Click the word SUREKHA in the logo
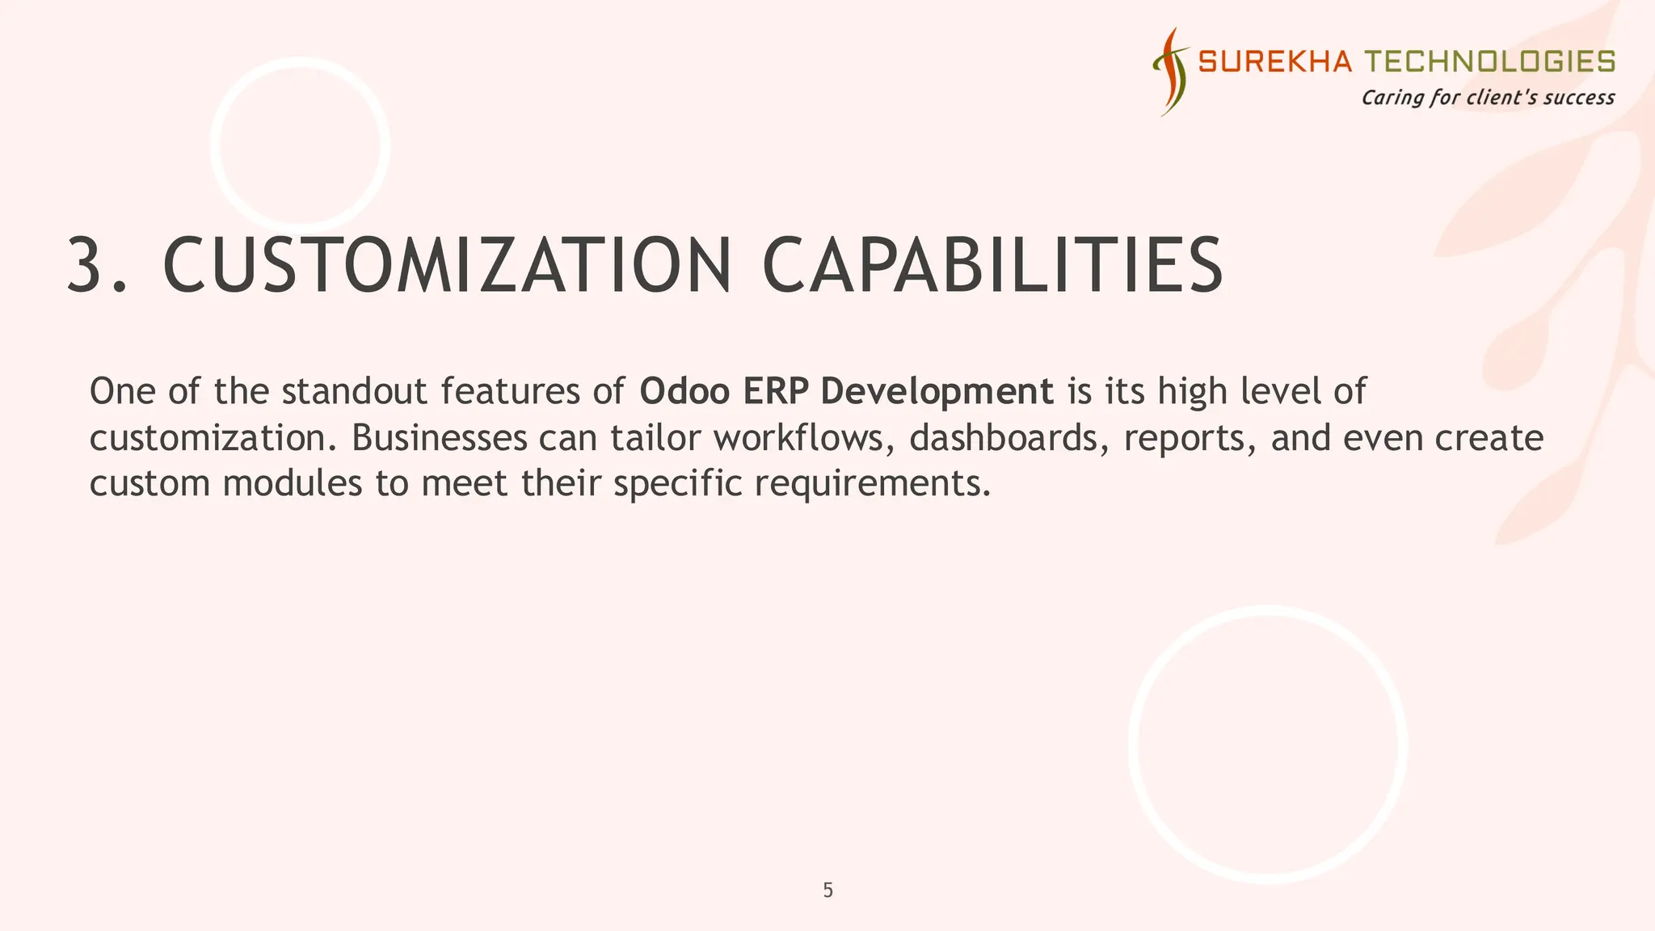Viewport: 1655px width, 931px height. [x=1274, y=61]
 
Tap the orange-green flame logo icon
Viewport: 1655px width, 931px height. [x=1171, y=71]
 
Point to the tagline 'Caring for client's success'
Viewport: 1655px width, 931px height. [x=1488, y=98]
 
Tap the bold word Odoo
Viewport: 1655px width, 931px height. [x=684, y=391]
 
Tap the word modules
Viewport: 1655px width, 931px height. [x=293, y=483]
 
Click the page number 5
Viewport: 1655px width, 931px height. [x=827, y=891]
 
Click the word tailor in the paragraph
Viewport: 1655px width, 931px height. [x=655, y=438]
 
